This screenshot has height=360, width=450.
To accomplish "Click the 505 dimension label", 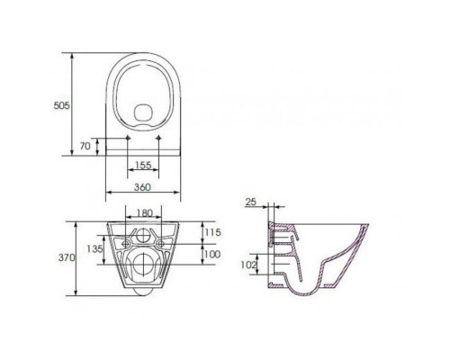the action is coord(61,105).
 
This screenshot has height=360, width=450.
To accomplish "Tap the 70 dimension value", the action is coord(85,146).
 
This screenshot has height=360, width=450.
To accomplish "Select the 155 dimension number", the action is coord(143,165).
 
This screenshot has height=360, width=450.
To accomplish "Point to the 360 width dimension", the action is coord(142,187).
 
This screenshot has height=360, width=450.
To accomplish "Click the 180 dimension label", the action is coord(145,213).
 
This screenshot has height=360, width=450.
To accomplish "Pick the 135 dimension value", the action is coord(94,248).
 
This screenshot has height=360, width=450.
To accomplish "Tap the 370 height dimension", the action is coord(67,257).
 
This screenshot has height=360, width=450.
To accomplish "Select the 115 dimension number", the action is coord(212,232).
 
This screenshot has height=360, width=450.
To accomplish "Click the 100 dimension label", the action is coord(212,255).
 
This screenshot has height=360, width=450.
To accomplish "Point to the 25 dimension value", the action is coord(251,202).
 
